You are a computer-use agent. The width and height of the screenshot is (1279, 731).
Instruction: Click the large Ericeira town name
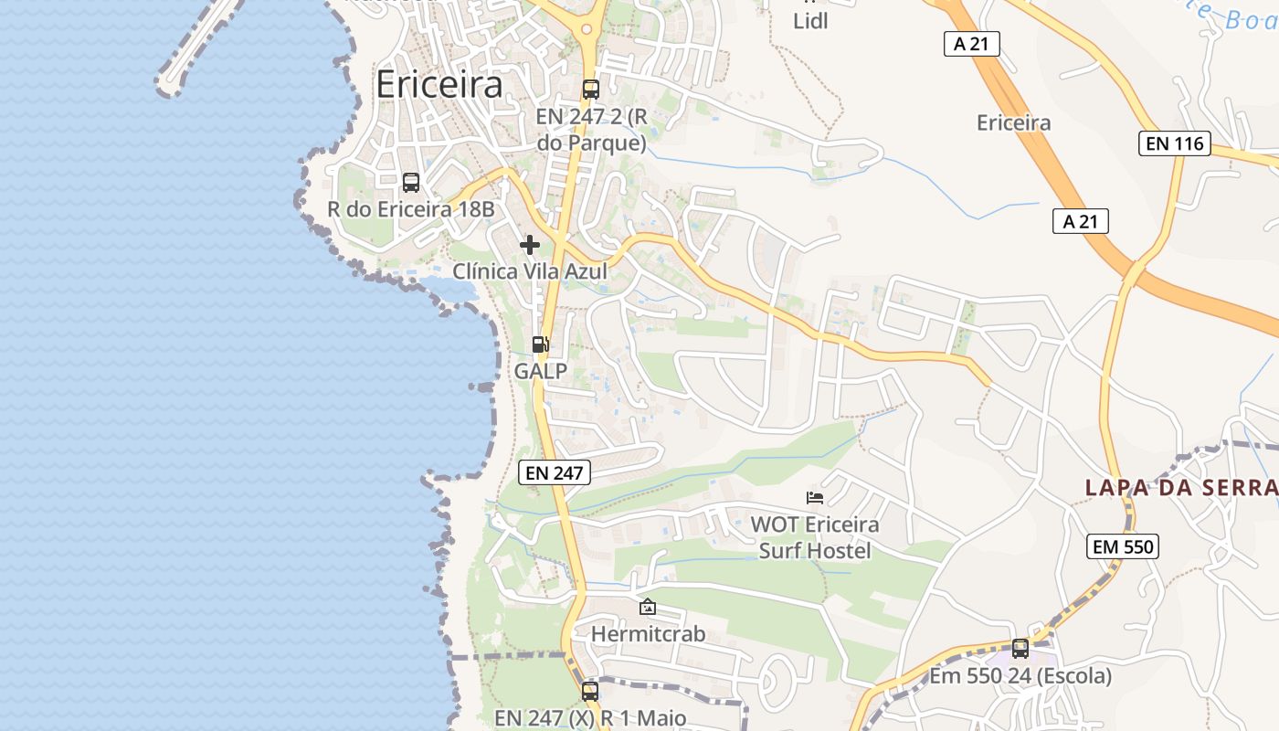439,84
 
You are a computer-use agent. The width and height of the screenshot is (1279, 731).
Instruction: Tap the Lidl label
810,21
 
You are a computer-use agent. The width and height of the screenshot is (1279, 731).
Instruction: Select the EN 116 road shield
1174,143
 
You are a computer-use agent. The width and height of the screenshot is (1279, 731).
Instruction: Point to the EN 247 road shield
555,472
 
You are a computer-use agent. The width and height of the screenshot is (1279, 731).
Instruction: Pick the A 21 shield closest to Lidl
972,44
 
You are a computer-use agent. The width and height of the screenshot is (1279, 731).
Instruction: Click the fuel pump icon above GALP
541,344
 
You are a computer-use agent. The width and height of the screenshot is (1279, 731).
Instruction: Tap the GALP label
541,371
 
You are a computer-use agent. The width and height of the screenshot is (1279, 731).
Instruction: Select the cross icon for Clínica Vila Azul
530,245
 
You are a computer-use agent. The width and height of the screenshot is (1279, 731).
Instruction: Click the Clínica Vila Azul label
530,271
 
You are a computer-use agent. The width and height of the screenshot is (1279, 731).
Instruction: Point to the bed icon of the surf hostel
815,498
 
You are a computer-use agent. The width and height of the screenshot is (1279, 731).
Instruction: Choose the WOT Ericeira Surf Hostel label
815,537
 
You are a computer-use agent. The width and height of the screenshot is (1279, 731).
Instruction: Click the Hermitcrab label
648,633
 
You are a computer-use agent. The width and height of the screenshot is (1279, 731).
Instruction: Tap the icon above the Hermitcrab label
648,607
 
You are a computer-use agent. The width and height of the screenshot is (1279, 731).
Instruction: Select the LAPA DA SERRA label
1180,488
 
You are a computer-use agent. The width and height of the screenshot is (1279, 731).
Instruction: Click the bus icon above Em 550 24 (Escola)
1020,649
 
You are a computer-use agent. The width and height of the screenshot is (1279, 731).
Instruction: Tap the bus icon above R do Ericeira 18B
411,183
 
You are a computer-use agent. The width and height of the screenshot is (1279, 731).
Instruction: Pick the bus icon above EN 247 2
591,90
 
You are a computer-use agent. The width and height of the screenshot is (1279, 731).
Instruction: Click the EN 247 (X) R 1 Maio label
590,718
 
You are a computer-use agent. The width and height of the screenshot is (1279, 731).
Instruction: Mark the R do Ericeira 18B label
411,209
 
